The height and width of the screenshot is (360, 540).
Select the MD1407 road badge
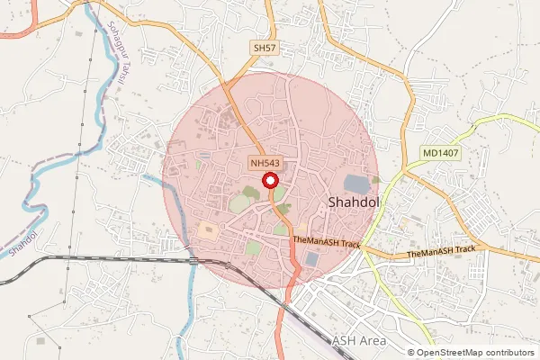440,154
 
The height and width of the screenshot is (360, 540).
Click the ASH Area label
359,340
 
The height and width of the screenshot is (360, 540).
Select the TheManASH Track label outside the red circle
441,253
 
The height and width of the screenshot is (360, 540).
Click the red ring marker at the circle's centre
269,182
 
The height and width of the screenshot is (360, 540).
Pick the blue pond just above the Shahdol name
356,184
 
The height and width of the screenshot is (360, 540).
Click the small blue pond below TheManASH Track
311,259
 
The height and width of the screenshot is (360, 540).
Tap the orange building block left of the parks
209,230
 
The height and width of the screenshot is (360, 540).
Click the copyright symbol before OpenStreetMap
411,353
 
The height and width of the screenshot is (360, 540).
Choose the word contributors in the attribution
508,353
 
